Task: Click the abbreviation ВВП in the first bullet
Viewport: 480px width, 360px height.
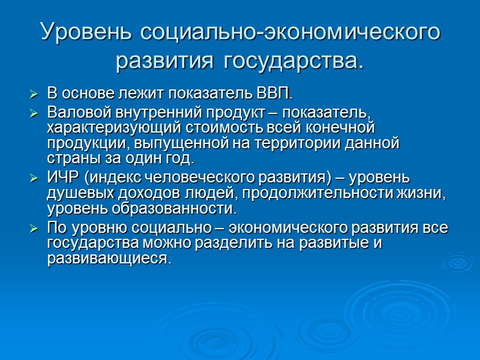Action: (277, 94)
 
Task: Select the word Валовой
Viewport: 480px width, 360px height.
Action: (73, 112)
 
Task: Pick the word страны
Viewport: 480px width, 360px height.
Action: (66, 159)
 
